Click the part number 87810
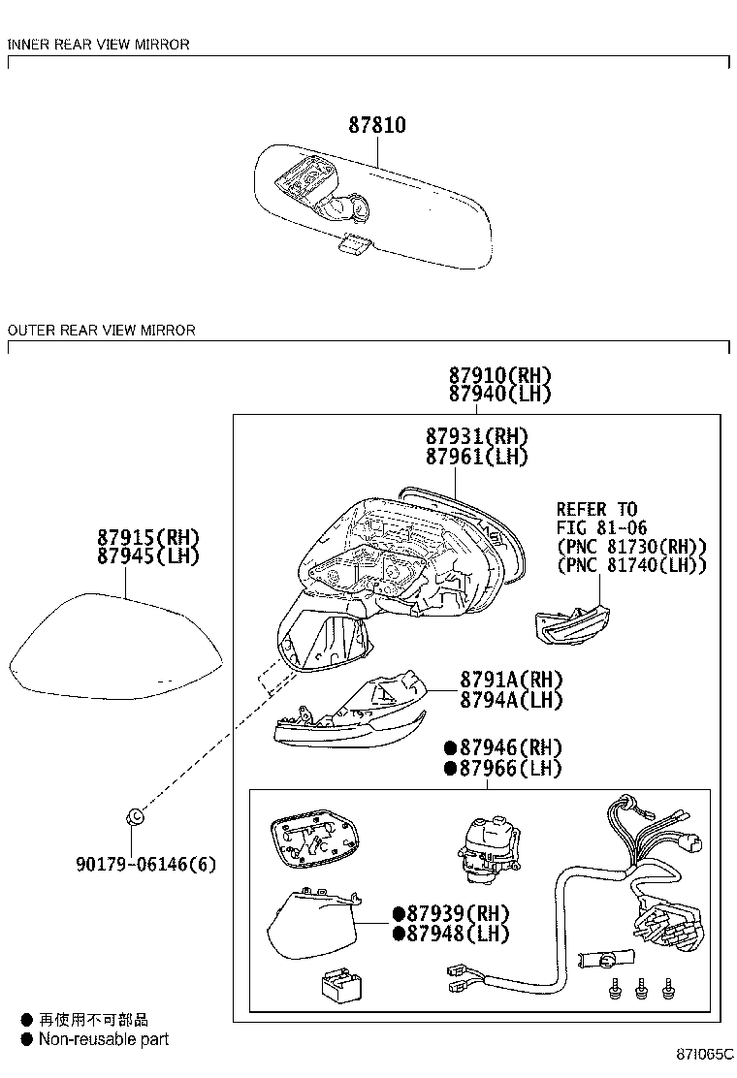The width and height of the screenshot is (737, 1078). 377,126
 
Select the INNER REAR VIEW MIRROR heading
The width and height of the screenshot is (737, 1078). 99,45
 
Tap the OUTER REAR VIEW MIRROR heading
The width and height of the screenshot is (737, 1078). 102,331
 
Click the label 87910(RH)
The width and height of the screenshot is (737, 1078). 500,375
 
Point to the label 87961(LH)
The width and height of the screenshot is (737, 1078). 477,457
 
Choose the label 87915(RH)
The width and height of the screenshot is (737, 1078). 147,537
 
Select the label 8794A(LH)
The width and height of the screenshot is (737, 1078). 511,699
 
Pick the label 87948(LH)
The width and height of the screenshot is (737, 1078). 458,935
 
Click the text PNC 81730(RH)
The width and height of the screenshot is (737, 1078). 631,547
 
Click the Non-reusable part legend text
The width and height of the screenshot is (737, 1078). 104,1039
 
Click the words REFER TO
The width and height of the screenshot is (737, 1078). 596,509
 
